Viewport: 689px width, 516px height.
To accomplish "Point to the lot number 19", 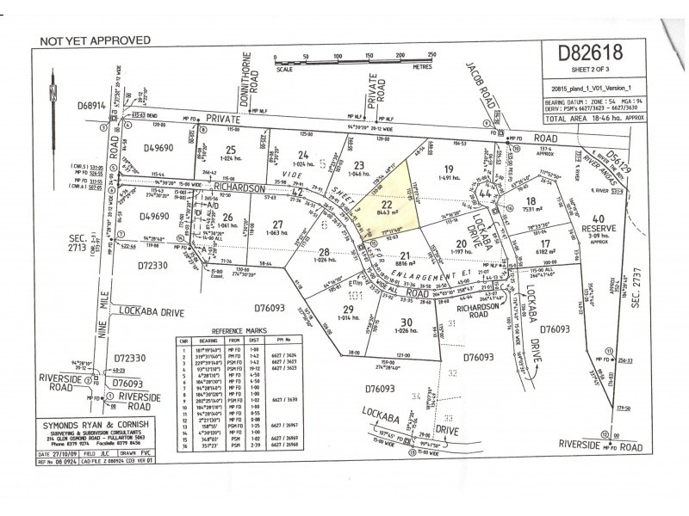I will point(449,168).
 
